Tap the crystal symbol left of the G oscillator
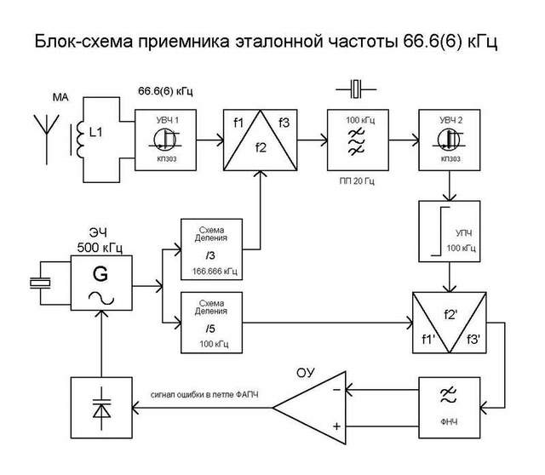pyautogui.click(x=39, y=286)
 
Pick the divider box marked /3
pyautogui.click(x=210, y=249)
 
